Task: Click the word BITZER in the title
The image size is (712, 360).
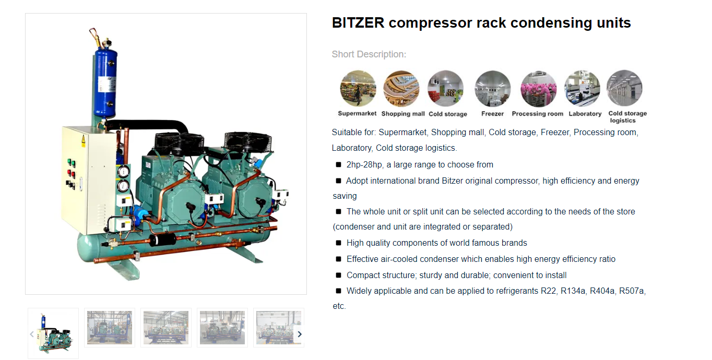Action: coord(358,23)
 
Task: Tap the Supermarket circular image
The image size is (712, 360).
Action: coord(358,89)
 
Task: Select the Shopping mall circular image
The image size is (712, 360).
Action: coord(401,89)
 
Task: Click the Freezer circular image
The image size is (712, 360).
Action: coord(492,89)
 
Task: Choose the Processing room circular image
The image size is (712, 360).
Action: coord(538,89)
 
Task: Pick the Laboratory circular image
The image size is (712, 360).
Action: coord(582,89)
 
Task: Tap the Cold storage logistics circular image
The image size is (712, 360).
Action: coord(624,89)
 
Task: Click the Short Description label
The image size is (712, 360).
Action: coord(369,54)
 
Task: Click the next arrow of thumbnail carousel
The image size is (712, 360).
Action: coord(299,334)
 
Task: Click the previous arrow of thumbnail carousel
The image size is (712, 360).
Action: coord(32,334)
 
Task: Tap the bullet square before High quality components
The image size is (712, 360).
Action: coord(339,243)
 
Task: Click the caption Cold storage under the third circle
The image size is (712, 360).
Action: coord(448,114)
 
